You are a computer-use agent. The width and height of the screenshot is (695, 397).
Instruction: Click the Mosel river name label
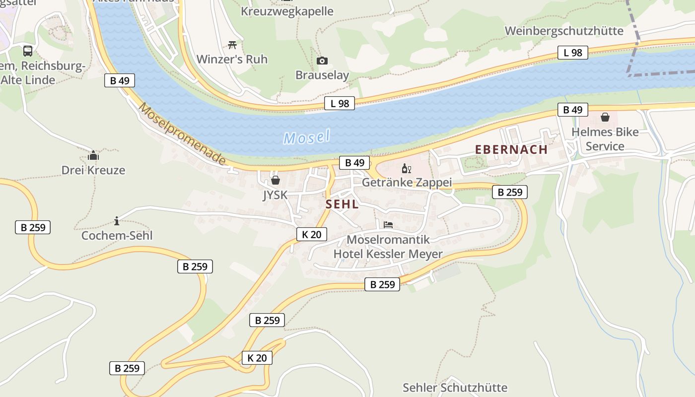point(307,137)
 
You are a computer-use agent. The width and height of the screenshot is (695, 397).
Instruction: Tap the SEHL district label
point(342,204)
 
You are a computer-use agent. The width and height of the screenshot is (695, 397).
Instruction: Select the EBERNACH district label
point(511,149)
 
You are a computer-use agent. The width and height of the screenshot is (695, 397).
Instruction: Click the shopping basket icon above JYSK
point(275,180)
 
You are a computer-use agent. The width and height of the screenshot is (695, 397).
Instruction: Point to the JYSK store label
point(275,195)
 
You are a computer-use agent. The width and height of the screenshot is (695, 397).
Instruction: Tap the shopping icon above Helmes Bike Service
point(605,117)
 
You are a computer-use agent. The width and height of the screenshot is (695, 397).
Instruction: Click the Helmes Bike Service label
point(605,139)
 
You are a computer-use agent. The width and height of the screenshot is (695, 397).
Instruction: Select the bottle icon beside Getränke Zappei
point(406,169)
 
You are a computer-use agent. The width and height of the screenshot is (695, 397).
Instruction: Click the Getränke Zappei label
point(407,182)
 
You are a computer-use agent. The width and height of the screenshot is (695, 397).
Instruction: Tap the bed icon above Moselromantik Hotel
point(388,225)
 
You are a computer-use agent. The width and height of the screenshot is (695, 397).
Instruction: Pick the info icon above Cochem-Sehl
point(117,221)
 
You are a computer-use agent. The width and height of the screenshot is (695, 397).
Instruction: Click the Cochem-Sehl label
point(117,235)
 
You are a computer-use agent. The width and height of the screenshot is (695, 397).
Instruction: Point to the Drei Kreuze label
point(93,170)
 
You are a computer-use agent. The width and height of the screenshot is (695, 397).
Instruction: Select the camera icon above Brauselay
point(322,61)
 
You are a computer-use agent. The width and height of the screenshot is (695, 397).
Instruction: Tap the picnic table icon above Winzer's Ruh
point(232,45)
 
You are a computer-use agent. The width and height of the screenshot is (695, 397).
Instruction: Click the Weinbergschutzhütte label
point(564,31)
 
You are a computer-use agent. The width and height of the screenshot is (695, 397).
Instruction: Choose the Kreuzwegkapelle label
point(287,11)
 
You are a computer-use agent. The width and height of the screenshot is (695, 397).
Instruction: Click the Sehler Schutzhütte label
point(455,387)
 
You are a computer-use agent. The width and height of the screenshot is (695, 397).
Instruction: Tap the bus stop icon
point(28,51)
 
